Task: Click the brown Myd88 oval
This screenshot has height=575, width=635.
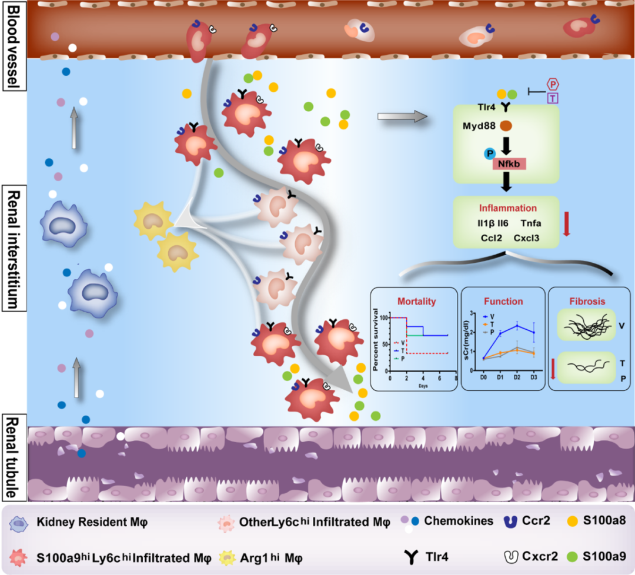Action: [x=505, y=125]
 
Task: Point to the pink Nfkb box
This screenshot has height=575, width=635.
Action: [x=509, y=163]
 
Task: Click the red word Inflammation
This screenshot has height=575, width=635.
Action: [x=507, y=208]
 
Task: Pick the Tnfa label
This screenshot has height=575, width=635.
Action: [x=531, y=224]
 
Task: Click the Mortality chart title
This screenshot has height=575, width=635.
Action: [x=416, y=302]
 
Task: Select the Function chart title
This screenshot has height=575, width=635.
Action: [x=503, y=302]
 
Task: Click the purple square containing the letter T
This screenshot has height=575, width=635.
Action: [x=553, y=99]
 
